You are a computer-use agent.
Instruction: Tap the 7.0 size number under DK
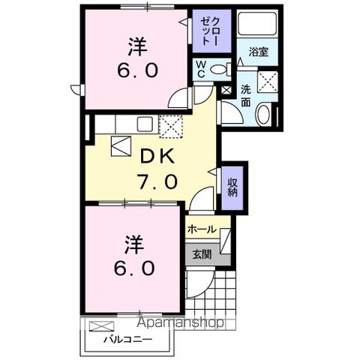[158, 181]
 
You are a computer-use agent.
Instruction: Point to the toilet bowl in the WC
[219, 70]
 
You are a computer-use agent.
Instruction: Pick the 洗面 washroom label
[245, 96]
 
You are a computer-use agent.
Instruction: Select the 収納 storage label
[232, 184]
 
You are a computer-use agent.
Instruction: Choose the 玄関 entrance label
[201, 254]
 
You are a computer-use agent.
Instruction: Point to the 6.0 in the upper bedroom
[136, 71]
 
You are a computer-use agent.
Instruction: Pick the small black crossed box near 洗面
[226, 91]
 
